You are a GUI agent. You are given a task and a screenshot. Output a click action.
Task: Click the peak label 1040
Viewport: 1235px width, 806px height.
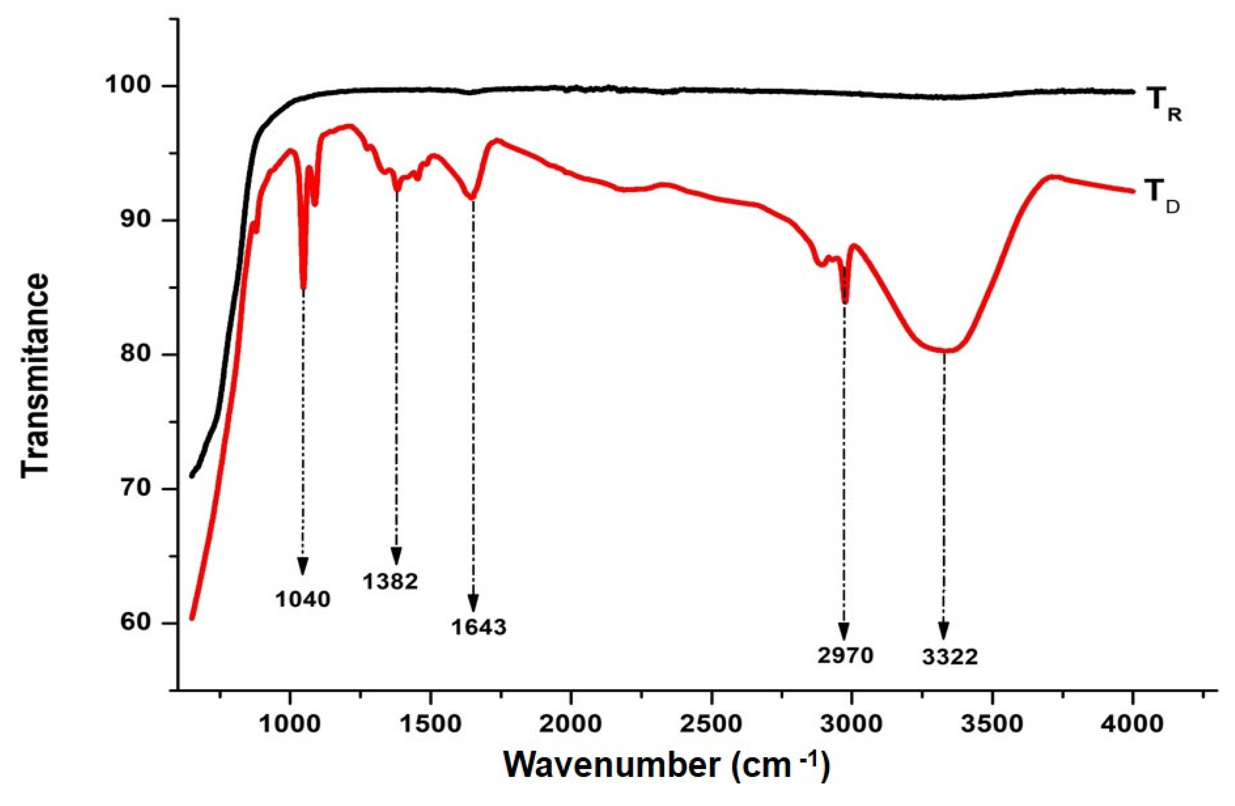point(303,599)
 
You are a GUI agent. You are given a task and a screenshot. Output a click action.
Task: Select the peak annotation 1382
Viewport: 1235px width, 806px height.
point(390,582)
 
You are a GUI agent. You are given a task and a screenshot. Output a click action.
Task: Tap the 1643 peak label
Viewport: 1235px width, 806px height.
point(478,627)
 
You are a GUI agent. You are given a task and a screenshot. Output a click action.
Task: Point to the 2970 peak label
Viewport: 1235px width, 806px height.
point(846,656)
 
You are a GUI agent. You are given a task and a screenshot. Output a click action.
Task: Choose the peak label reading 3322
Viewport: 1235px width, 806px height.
point(950,657)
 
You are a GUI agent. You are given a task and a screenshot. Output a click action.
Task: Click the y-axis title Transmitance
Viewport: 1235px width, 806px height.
point(35,374)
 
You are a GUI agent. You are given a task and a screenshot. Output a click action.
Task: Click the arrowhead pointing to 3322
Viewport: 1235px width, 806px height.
point(944,632)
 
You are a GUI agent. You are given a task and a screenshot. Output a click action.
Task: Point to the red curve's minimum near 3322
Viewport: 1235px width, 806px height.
point(944,351)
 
